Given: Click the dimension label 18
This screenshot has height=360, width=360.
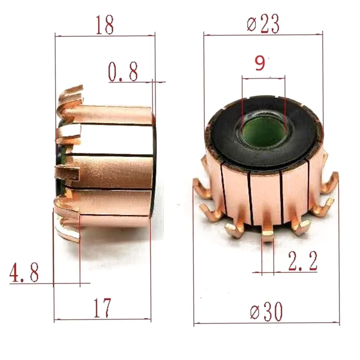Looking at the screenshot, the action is tap(105, 25).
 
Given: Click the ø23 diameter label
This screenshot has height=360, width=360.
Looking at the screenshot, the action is tap(263, 24).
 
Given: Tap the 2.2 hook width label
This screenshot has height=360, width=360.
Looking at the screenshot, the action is tap(303, 261).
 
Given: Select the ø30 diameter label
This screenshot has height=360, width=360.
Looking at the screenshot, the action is tap(266, 312).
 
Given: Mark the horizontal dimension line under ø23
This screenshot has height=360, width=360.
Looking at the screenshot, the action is tap(263, 35).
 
